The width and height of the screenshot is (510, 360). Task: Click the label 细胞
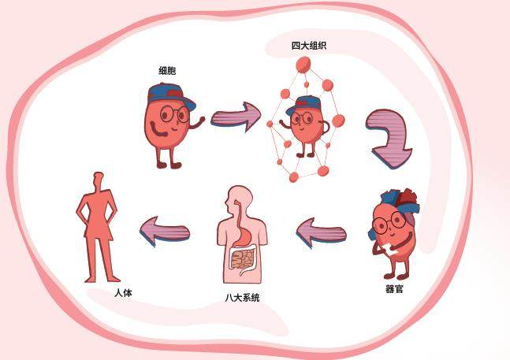coord(167,71)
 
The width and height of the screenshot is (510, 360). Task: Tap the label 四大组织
coord(308,46)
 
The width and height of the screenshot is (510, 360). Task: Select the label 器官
coord(394,289)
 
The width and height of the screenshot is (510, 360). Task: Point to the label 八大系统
coord(242,298)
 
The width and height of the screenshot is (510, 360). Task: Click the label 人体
coord(123,292)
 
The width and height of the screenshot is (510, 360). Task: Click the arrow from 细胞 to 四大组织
coord(234,117)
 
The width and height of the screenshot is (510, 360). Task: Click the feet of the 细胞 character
coord(167,164)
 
